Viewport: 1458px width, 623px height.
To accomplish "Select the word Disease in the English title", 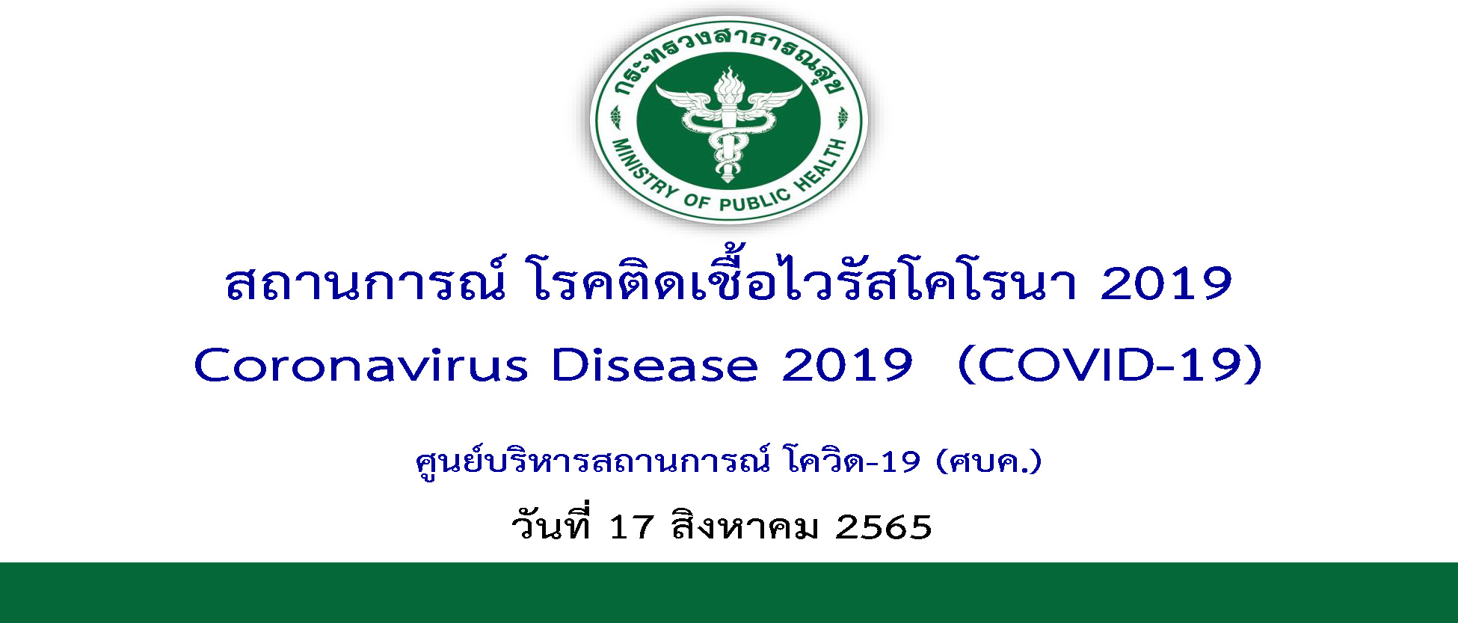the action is pos(654,366).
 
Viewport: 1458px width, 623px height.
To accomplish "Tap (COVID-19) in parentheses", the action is pos(1110,366).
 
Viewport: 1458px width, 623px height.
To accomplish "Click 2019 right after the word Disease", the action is pos(847,366).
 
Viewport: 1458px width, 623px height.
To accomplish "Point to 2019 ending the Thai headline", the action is pos(1166,284).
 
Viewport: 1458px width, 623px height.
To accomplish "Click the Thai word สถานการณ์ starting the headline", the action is pos(364,280).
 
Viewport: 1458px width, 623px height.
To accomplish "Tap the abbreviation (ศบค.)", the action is pos(988,462).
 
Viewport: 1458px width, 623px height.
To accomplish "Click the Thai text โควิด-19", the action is pos(853,461).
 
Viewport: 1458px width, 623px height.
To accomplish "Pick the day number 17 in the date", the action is pos(631,527).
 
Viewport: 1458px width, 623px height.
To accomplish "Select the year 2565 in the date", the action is pos(884,527).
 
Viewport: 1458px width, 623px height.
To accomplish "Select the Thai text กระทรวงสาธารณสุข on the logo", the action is pos(729,56).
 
